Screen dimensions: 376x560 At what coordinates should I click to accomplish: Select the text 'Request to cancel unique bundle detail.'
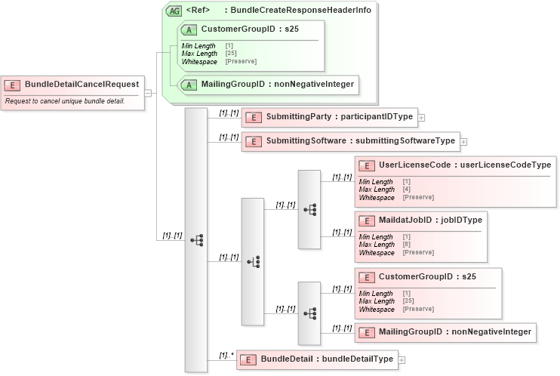pyautogui.click(x=65, y=100)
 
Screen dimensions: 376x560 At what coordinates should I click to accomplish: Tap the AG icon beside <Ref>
pyautogui.click(x=174, y=11)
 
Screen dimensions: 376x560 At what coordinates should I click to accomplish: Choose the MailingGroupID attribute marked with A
pyautogui.click(x=277, y=84)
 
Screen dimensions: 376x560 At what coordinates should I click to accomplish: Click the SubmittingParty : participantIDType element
pyautogui.click(x=329, y=117)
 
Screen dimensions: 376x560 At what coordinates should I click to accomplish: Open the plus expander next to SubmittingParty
pyautogui.click(x=421, y=118)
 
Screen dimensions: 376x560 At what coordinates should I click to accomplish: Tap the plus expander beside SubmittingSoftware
pyautogui.click(x=463, y=141)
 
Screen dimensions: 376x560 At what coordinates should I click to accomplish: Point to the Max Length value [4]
pyautogui.click(x=406, y=190)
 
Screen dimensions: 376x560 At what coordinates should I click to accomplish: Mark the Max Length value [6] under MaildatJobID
pyautogui.click(x=406, y=245)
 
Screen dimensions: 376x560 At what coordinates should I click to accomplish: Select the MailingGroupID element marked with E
pyautogui.click(x=454, y=331)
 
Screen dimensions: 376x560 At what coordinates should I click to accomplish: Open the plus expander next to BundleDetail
pyautogui.click(x=402, y=359)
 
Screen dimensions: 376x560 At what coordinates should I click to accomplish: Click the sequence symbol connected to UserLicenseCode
pyautogui.click(x=309, y=209)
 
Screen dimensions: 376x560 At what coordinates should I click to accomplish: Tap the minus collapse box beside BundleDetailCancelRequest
pyautogui.click(x=148, y=93)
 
